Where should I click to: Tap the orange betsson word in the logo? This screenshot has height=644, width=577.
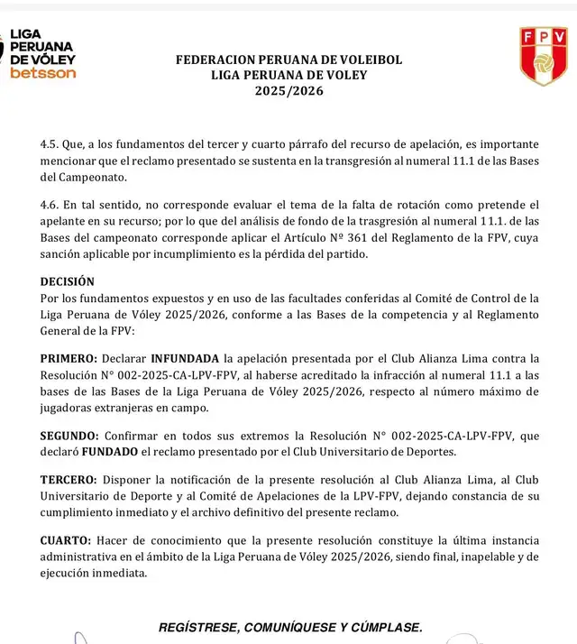[x=42, y=73]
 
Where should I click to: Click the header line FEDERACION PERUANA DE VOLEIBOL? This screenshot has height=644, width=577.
[x=288, y=60]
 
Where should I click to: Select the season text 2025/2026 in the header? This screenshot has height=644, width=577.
[x=288, y=91]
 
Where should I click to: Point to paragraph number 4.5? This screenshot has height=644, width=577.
[x=50, y=144]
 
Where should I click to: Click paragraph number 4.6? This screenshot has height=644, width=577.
[x=50, y=206]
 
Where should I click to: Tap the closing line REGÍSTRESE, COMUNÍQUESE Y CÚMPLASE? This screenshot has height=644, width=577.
[x=288, y=627]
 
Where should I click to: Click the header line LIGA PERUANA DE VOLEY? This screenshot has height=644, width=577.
[x=288, y=76]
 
